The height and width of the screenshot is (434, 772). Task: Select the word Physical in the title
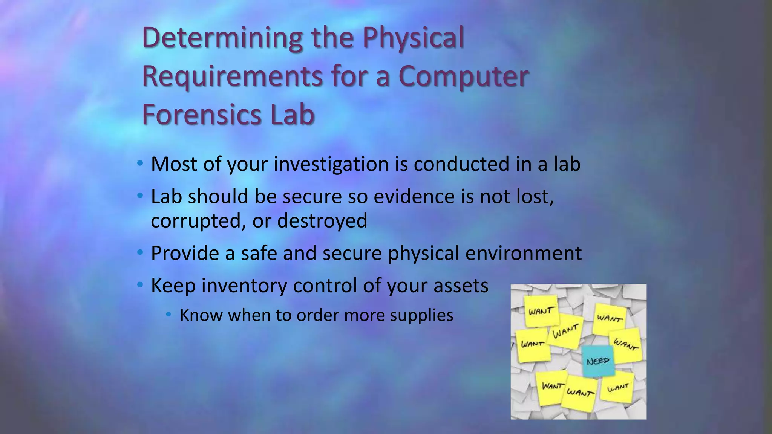tap(413, 39)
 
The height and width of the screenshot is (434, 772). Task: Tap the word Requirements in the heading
tap(232, 77)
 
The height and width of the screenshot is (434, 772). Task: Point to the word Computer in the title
tap(463, 77)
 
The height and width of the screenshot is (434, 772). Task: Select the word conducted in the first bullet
tap(461, 164)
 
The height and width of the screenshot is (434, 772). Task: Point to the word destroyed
tap(322, 221)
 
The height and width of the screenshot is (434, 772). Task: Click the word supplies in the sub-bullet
tap(421, 316)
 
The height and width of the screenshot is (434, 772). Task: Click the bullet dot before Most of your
tap(140, 164)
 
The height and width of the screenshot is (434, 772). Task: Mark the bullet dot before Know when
tap(169, 314)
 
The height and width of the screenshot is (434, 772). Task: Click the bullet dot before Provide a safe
tap(140, 252)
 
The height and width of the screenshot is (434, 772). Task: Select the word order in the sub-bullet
tap(317, 315)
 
